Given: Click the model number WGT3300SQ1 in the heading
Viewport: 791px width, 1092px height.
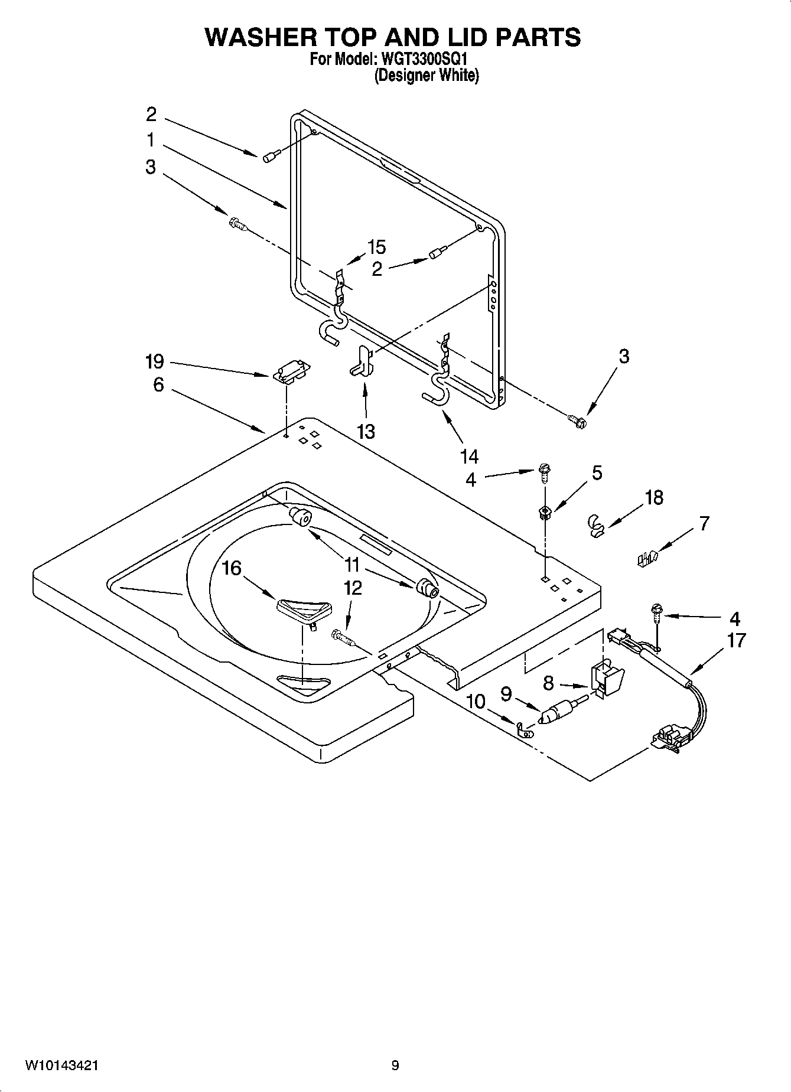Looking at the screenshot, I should click(x=421, y=60).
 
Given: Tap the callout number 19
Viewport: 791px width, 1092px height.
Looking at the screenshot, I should click(x=155, y=361).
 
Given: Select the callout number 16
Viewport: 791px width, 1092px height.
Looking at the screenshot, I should click(x=232, y=568).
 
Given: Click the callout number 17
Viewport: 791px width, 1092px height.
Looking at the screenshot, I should click(x=736, y=640).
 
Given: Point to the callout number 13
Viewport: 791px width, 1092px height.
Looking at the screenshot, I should click(x=366, y=432).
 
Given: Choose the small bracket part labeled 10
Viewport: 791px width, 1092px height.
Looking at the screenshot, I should click(x=523, y=731).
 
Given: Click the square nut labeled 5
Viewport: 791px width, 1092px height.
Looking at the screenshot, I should click(x=544, y=512).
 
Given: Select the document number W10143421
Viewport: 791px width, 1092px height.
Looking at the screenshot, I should click(x=61, y=1065).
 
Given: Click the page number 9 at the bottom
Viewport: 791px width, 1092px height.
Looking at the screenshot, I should click(x=395, y=1065).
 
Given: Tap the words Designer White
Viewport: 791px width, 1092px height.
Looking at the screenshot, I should click(x=427, y=76).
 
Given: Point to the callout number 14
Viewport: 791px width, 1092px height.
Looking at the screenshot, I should click(x=469, y=456).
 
